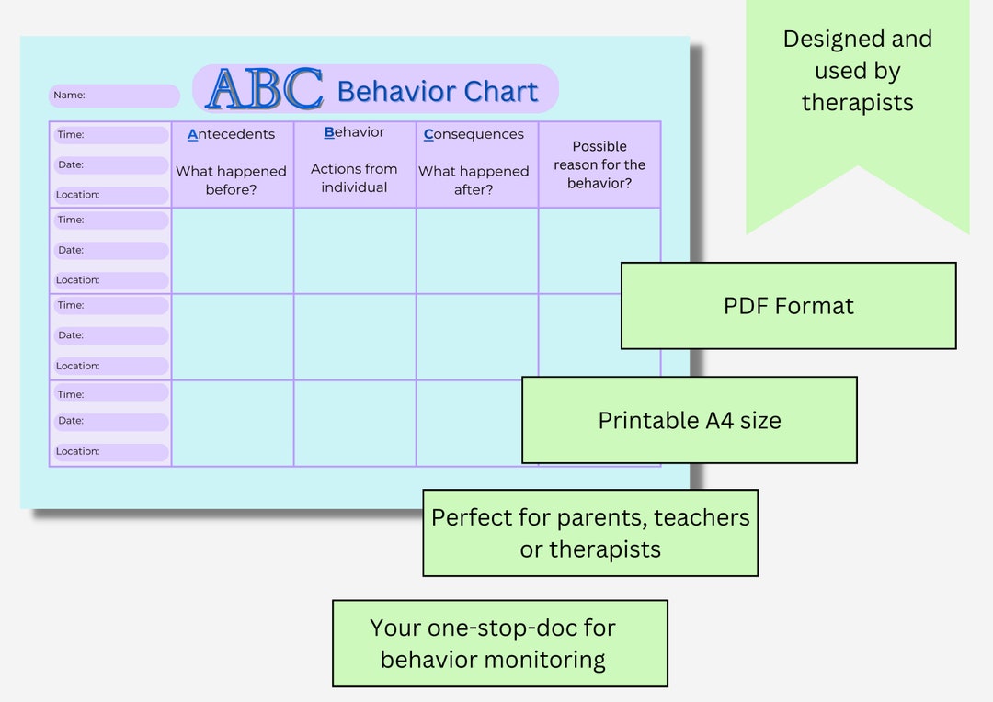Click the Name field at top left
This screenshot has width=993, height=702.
click(x=114, y=96)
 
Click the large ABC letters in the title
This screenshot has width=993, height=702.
click(x=265, y=90)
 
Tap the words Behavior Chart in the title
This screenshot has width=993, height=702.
click(x=437, y=92)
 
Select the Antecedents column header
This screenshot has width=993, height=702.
click(x=232, y=134)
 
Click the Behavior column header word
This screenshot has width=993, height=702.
click(x=354, y=132)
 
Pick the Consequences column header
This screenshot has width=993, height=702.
click(x=474, y=134)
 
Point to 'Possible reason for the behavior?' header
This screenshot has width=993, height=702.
click(x=599, y=164)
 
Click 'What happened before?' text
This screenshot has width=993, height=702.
click(x=232, y=180)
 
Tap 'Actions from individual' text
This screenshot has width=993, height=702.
click(x=354, y=178)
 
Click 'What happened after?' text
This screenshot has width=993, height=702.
click(x=474, y=180)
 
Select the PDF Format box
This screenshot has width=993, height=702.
click(x=788, y=306)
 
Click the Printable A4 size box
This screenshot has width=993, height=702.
click(x=690, y=420)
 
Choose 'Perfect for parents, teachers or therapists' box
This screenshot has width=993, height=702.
click(x=590, y=533)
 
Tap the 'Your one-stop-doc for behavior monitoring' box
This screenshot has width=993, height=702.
click(x=499, y=643)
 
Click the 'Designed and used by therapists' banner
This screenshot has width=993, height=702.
click(x=857, y=72)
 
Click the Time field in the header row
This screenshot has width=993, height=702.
click(x=110, y=135)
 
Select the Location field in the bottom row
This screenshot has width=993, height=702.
click(x=110, y=452)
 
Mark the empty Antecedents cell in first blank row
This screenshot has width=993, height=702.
click(x=233, y=251)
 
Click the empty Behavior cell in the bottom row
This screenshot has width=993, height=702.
click(x=354, y=424)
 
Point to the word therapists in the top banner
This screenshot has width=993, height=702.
click(x=857, y=102)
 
